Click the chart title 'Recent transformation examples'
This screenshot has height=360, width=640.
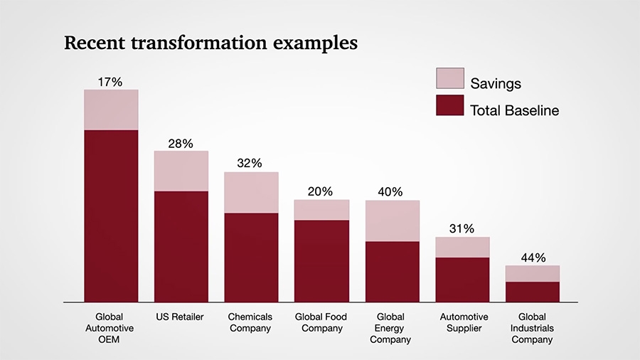click(210, 43)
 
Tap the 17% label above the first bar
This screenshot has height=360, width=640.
click(110, 82)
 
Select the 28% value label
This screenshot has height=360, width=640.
click(181, 144)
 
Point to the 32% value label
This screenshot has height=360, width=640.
click(250, 163)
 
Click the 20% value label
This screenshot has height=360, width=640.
click(321, 191)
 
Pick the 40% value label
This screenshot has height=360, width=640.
click(390, 191)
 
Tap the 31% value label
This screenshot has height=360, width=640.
click(462, 228)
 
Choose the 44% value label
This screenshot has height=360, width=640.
click(532, 258)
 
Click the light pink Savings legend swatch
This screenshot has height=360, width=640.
click(449, 79)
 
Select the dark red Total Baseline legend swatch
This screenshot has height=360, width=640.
click(449, 107)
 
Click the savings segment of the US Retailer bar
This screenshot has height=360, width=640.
click(181, 171)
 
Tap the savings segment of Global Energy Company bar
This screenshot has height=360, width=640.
click(393, 221)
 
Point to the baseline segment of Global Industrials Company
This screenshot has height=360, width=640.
click(533, 292)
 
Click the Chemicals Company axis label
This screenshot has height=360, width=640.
click(250, 322)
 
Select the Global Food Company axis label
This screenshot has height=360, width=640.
click(321, 322)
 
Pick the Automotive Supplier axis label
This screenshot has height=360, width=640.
click(464, 322)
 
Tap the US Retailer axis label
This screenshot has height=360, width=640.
click(179, 317)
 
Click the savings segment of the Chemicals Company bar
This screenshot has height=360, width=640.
click(251, 192)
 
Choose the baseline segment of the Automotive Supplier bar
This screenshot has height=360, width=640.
click(463, 280)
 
